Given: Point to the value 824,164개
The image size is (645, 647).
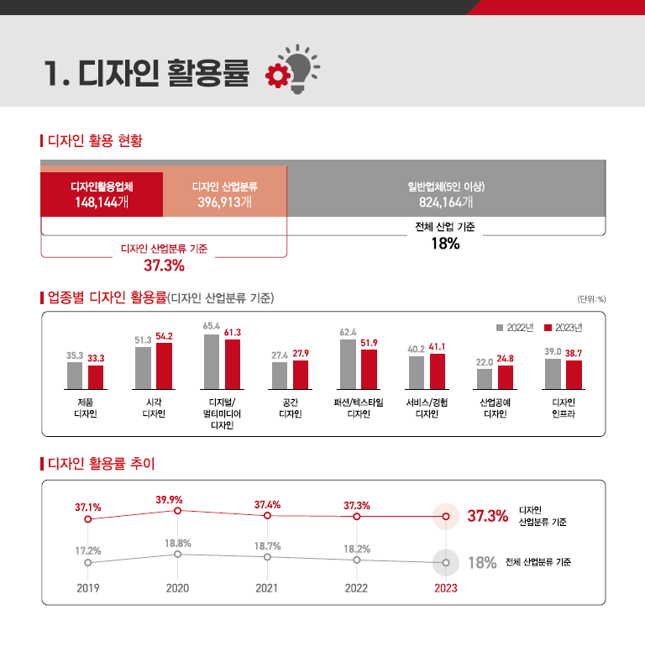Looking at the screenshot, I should coord(446,202).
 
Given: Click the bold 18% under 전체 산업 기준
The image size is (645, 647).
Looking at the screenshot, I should coord(445,244).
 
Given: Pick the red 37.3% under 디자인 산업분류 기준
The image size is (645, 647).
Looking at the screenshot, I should coord(164,266).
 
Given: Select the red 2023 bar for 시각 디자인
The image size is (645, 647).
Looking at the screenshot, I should coord(164,366).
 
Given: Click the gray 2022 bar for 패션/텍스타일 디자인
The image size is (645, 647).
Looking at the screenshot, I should coord(348,364).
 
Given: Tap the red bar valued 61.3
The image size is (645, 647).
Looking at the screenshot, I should coord(233,364).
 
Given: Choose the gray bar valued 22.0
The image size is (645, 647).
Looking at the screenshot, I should coord(485,379).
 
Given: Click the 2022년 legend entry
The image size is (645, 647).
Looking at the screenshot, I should coord(517,327).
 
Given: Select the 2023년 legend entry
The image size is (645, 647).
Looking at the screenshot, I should coord(564,327).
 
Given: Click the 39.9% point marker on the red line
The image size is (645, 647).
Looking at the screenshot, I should coord(177,511).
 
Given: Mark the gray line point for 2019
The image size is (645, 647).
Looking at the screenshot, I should coord(88,562).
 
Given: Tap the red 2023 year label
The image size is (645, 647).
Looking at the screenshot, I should coord(446,588).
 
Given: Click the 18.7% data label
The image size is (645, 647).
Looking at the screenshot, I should coord(267,546).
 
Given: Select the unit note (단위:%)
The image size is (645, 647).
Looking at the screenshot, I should coord(591,299).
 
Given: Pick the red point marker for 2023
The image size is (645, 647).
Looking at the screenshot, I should coord(446,516).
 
